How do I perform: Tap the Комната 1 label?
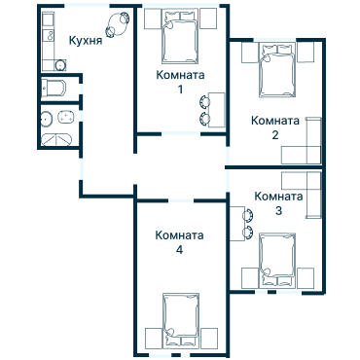(180, 82)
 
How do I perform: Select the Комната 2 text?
(275, 127)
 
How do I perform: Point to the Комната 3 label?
(278, 202)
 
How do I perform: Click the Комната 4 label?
(179, 242)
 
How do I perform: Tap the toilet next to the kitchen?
(55, 90)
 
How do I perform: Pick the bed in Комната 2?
(276, 74)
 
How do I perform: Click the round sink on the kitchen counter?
(60, 65)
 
